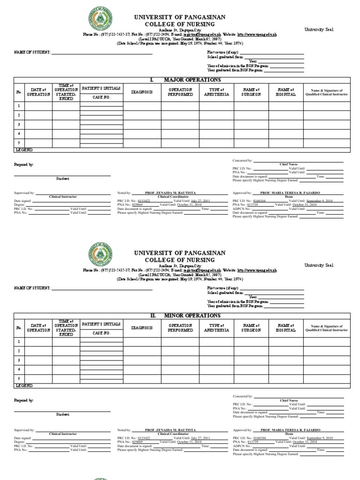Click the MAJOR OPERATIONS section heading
coord(185,80)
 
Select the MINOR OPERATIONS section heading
coord(185,316)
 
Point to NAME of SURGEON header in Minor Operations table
coord(251,328)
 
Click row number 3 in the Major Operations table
coord(19,125)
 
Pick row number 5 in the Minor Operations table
coord(19,379)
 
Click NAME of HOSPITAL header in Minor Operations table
coord(286,328)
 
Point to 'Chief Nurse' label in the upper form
coord(289,165)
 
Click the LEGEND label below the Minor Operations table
coord(24,385)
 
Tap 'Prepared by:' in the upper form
coord(24,165)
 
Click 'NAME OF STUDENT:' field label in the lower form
coord(32,287)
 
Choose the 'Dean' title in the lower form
coord(289,434)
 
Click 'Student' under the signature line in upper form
coord(63,179)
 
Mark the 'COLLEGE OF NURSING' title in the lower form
coord(180,260)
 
